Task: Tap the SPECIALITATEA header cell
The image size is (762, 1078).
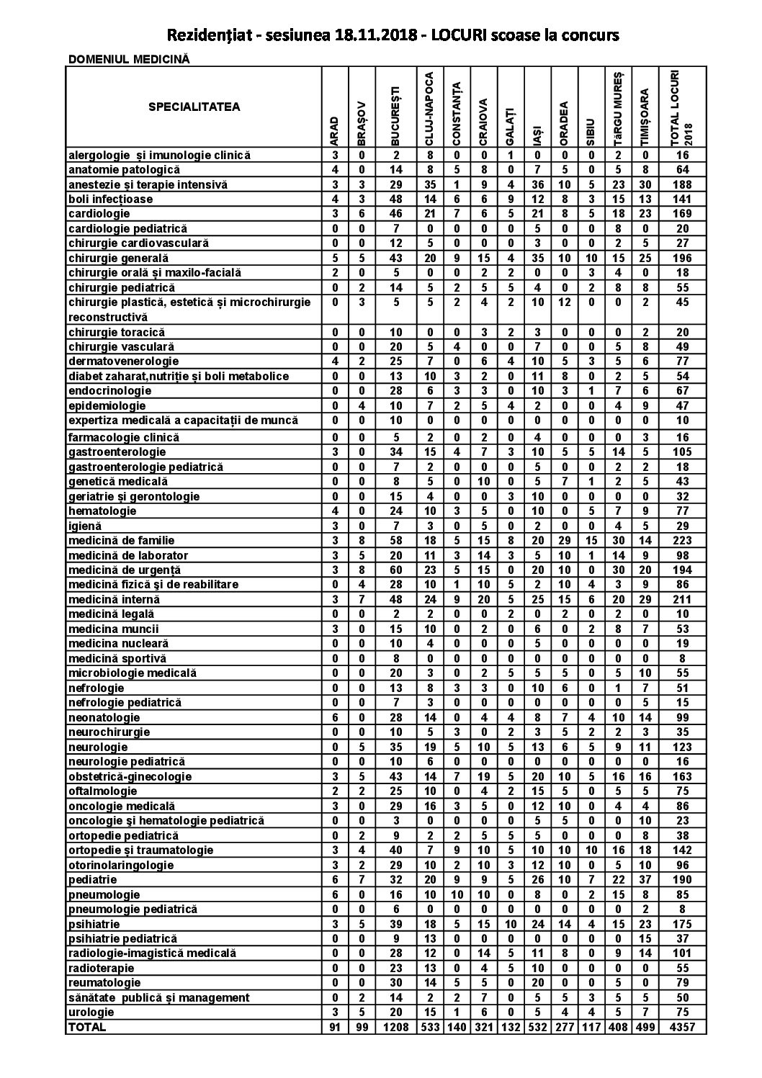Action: pyautogui.click(x=194, y=107)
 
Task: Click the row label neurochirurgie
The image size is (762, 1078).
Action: pyautogui.click(x=109, y=732)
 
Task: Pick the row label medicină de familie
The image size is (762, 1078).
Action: pyautogui.click(x=122, y=540)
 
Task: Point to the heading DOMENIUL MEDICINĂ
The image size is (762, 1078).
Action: pyautogui.click(x=129, y=60)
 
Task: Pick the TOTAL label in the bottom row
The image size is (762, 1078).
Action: pyautogui.click(x=86, y=1028)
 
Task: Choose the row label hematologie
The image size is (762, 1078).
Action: pyautogui.click(x=102, y=511)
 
